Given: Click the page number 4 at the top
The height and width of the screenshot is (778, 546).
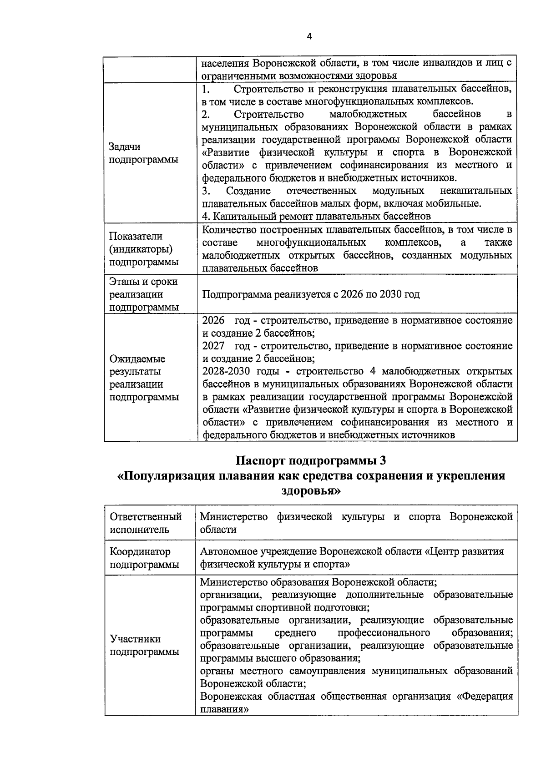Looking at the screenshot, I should pos(309,37).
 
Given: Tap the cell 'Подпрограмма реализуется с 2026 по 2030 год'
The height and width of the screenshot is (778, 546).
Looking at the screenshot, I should pos(311,294).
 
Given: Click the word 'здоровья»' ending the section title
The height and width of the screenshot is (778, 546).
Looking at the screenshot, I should pos(311,491).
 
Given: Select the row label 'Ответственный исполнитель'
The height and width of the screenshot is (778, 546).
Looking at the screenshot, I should pos(146,523).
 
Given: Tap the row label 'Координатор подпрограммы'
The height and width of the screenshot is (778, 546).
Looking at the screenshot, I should pos(144,558).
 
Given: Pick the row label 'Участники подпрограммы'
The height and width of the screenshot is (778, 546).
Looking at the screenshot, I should pos(144,645).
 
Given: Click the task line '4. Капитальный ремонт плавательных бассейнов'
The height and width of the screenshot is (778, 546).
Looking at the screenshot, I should pos(316,216).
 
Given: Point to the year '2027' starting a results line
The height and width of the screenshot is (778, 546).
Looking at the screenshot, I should pos(213,346).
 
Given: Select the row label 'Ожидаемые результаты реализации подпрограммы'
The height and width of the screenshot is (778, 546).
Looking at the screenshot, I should pos(144,378).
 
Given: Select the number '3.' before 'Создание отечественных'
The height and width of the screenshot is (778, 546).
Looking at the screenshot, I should pos(206,191).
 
